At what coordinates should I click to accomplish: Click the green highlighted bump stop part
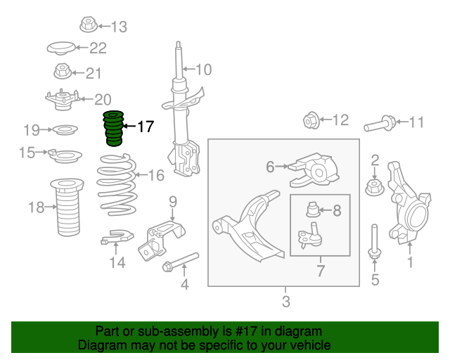point(114,128)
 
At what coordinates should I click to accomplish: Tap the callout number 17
point(146,127)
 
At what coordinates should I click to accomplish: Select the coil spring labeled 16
point(117,184)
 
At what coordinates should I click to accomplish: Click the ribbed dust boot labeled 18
point(67,207)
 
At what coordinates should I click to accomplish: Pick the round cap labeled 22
point(61,49)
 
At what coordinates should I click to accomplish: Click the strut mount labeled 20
point(63,99)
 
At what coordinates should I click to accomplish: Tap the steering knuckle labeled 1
point(408,202)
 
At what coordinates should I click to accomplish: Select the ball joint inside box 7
point(309,234)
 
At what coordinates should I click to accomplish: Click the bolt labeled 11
point(380,124)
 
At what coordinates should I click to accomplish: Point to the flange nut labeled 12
point(311,120)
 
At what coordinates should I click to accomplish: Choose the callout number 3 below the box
point(286,302)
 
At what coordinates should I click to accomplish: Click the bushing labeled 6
point(314,170)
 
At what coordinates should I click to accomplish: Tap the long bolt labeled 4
point(180,262)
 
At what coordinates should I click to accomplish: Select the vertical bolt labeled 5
point(374,242)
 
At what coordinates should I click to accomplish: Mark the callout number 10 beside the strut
point(203,70)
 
